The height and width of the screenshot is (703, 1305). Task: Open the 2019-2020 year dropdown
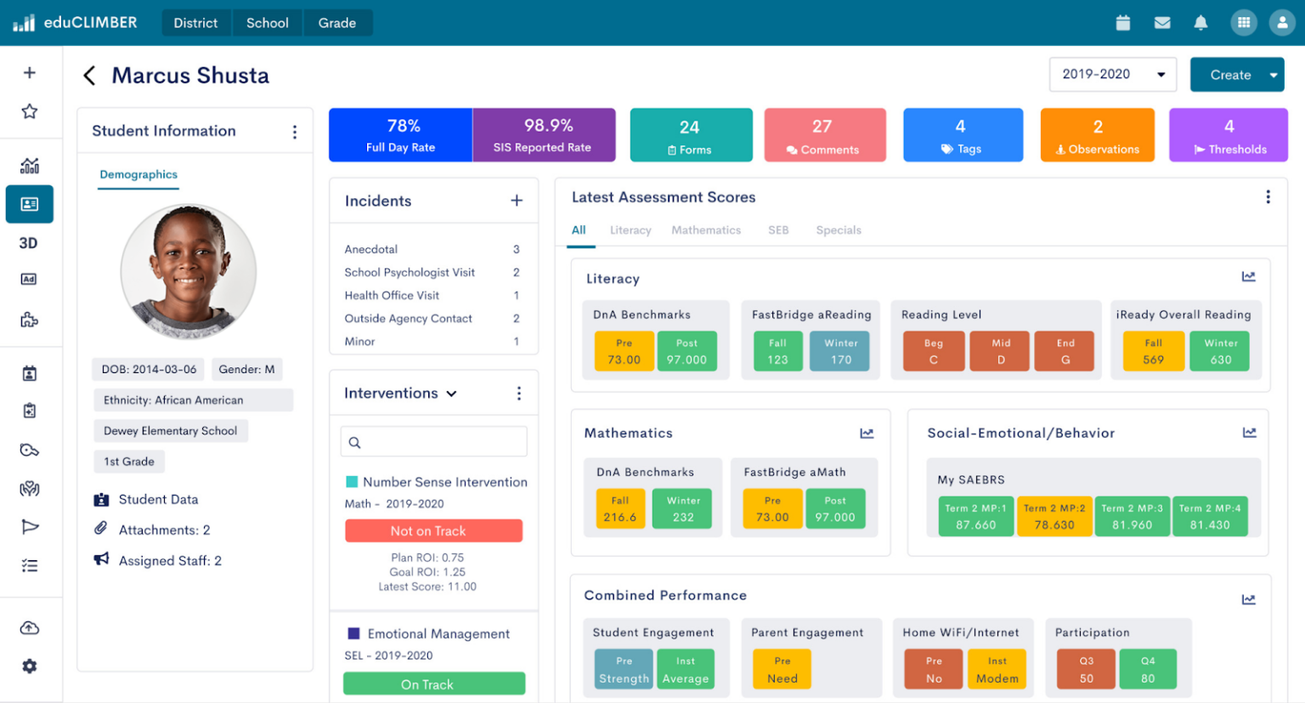(1112, 75)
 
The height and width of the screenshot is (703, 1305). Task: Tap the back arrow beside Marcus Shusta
(89, 76)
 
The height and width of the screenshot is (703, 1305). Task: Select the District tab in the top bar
(195, 23)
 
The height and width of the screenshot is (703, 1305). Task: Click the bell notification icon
(1200, 23)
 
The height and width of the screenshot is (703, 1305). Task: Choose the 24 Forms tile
(690, 135)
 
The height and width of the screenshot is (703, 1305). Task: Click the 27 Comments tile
(824, 135)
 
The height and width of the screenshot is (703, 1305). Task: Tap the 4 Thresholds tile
(1228, 135)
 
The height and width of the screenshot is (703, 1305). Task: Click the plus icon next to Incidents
(517, 201)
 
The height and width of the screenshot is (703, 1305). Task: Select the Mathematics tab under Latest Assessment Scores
(706, 230)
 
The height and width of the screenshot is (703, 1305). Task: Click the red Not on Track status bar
(433, 530)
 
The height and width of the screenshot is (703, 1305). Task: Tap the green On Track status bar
(433, 684)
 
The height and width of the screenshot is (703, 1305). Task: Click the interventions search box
(433, 442)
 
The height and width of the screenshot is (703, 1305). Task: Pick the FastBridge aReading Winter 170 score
(840, 352)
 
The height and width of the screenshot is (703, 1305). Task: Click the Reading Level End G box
(1065, 352)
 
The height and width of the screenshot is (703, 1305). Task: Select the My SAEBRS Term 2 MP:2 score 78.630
(1054, 517)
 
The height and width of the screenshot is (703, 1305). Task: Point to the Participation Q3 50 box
(1086, 670)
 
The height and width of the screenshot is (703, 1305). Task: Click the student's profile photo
(188, 271)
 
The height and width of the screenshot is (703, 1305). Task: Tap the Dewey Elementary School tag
(170, 431)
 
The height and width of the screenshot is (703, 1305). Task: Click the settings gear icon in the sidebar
(30, 666)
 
